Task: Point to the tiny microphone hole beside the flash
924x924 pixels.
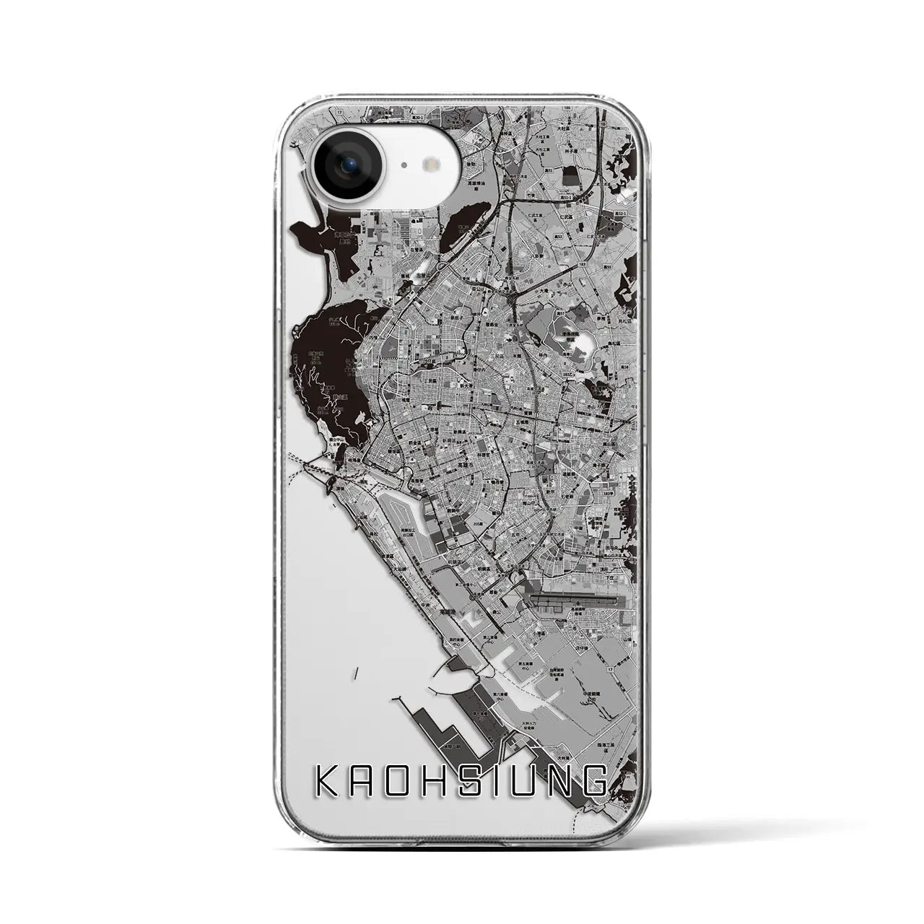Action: click(403, 165)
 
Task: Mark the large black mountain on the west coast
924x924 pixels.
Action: click(325, 368)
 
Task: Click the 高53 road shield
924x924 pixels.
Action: click(558, 236)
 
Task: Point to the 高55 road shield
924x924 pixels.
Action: click(607, 266)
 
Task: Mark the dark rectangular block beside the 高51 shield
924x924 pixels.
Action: click(571, 176)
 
